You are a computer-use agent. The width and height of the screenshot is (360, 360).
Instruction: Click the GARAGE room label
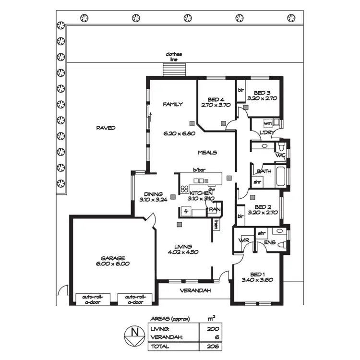[x=113, y=257]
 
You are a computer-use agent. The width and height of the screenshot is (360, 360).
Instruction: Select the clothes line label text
[x=174, y=57]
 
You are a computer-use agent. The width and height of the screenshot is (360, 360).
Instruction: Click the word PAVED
[x=105, y=128]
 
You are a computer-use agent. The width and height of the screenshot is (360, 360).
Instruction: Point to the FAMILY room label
[x=173, y=104]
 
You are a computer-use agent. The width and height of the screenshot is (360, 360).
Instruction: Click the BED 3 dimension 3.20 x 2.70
[x=262, y=98]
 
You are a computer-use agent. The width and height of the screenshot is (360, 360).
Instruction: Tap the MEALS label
[x=208, y=152]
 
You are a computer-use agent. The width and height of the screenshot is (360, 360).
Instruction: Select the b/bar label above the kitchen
[x=199, y=170]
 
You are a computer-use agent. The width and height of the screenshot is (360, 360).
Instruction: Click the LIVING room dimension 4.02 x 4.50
[x=183, y=252]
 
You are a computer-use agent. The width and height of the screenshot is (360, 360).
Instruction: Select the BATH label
[x=264, y=171]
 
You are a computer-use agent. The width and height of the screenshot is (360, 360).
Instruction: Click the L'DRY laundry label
[x=266, y=133]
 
